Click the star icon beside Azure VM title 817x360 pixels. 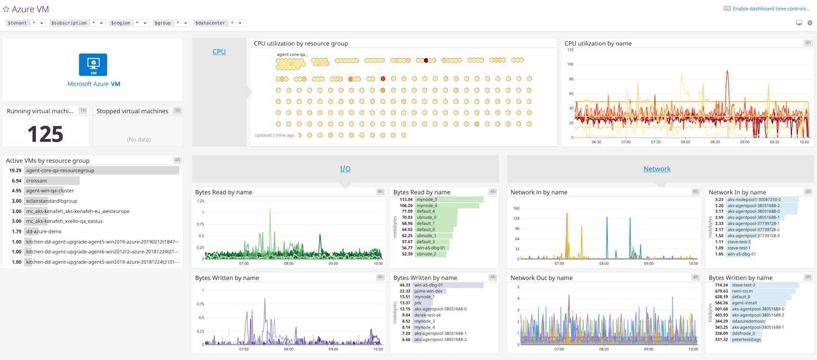click(x=6, y=9)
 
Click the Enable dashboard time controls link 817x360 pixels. click(x=771, y=9)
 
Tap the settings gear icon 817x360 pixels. click(x=810, y=23)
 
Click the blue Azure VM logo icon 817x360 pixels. click(x=93, y=65)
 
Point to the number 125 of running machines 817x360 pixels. click(x=45, y=134)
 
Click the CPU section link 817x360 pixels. click(x=219, y=52)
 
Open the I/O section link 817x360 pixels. click(x=345, y=169)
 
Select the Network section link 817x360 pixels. click(x=656, y=169)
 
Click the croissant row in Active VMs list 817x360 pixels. click(x=37, y=181)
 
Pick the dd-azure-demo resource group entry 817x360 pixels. click(x=44, y=232)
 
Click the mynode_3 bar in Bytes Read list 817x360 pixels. click(x=427, y=199)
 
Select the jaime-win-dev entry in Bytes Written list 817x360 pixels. click(x=428, y=291)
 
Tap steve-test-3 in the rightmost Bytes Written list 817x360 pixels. click(x=743, y=285)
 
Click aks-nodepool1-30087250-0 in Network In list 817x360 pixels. click(x=754, y=199)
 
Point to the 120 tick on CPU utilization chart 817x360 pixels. click(x=570, y=50)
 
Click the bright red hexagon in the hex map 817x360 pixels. click(x=383, y=79)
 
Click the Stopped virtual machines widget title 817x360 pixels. click(x=132, y=111)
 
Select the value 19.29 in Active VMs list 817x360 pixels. click(x=15, y=170)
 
